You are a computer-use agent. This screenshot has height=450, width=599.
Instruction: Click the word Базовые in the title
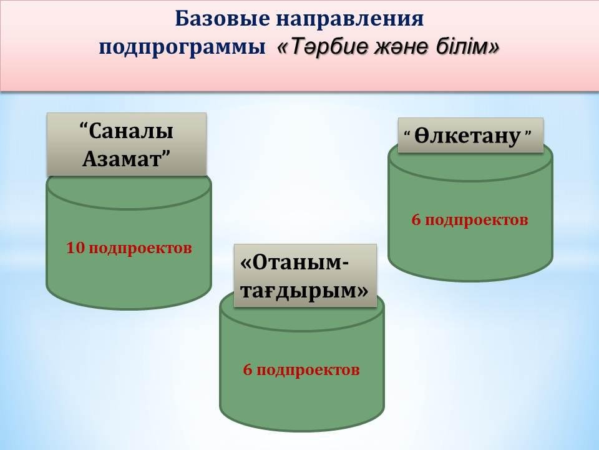(222, 19)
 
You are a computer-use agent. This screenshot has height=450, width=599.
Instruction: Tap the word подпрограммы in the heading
(182, 49)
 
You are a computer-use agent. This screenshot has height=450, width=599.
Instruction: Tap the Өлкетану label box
(470, 135)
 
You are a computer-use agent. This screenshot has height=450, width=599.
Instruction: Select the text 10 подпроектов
(129, 249)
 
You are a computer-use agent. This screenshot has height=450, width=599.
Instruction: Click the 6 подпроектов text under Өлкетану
(470, 221)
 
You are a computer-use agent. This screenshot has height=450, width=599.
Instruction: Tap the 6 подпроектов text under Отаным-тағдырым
(301, 370)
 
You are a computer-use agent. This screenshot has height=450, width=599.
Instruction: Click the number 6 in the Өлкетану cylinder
(416, 220)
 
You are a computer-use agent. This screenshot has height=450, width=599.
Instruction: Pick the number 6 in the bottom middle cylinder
(248, 369)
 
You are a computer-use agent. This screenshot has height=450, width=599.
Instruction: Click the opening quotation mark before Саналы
(84, 126)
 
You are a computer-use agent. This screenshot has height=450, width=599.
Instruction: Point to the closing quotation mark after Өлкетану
(528, 132)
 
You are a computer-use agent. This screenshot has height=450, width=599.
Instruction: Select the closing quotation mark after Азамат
(166, 154)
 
